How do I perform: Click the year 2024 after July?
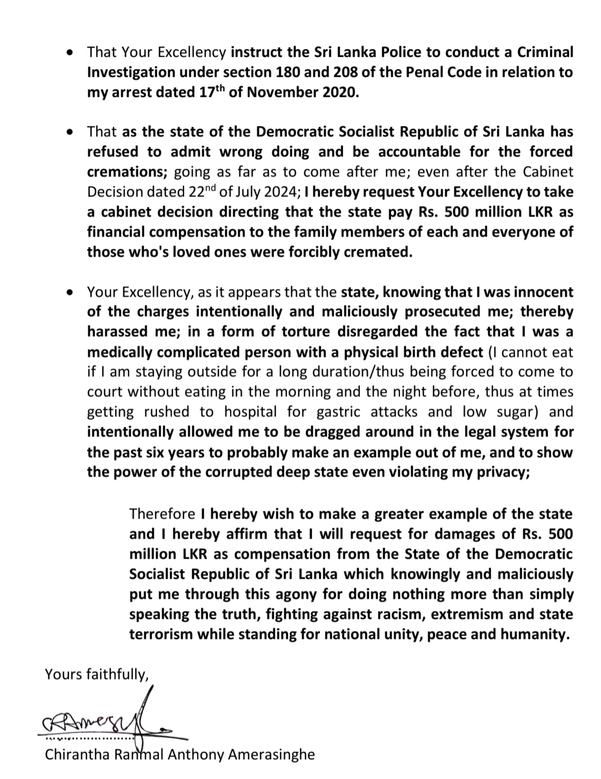click(282, 192)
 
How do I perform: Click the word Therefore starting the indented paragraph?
click(162, 514)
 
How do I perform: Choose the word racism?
click(362, 614)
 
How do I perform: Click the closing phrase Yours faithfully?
click(97, 674)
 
